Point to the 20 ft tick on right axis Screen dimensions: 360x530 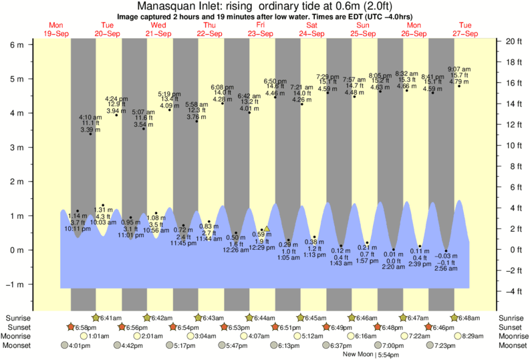[x=513, y=41]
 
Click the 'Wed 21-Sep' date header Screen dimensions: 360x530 [x=158, y=29]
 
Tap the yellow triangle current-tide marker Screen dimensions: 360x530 [x=267, y=229]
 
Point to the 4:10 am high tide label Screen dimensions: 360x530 [x=90, y=117]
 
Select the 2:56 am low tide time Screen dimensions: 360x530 [x=446, y=268]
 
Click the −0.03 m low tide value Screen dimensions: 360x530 [x=445, y=255]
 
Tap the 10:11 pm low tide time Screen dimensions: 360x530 [x=78, y=229]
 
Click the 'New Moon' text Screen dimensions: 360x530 [x=358, y=355]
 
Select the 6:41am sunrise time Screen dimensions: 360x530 [x=111, y=318]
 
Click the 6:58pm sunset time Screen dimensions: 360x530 [x=86, y=327]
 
